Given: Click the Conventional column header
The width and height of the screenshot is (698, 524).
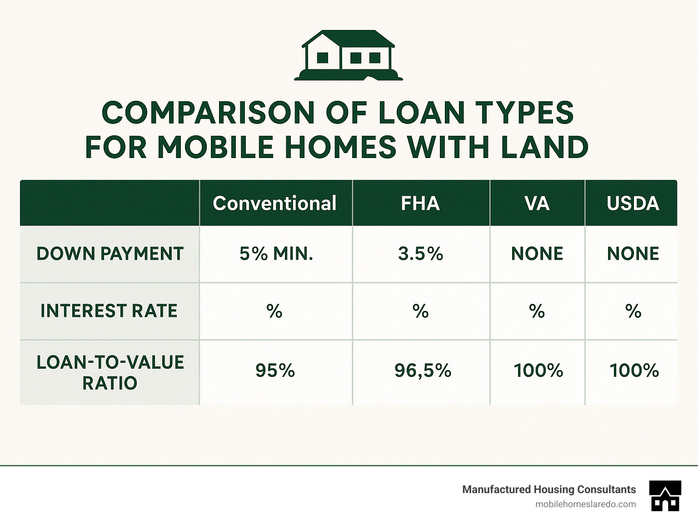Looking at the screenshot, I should point(274,203).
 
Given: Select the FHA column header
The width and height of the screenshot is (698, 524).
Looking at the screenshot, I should point(420,203).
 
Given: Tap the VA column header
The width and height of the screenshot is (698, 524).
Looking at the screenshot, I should point(537,203).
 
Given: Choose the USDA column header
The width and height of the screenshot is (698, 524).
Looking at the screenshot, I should point(633,203).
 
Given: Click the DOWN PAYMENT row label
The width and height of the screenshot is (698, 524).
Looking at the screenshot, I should point(110,254).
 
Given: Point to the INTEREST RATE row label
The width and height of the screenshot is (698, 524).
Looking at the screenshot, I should point(109,311).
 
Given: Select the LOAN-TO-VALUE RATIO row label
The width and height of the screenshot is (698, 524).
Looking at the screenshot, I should point(110,372).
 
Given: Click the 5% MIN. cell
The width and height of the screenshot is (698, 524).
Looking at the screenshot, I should point(276,254).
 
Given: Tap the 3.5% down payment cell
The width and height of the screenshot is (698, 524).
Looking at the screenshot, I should point(420,254).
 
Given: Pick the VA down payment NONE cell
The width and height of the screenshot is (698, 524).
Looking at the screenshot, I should point(537,254).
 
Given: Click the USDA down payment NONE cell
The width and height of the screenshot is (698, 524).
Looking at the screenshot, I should point(633,254).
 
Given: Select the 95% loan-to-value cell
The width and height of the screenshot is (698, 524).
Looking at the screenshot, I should point(275,371).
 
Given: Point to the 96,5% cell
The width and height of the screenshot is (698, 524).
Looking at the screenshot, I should point(423,371).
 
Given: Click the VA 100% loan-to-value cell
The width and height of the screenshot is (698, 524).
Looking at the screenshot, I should point(538,371).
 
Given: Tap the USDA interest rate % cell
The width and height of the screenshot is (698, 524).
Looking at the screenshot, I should point(633,311).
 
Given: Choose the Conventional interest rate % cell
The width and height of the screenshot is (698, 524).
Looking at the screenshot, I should point(274,311).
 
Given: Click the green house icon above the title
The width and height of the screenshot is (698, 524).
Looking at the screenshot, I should point(349,55).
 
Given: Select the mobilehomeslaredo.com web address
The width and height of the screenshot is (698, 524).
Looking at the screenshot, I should point(586,504).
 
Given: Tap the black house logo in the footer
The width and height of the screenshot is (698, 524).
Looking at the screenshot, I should point(665,496).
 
